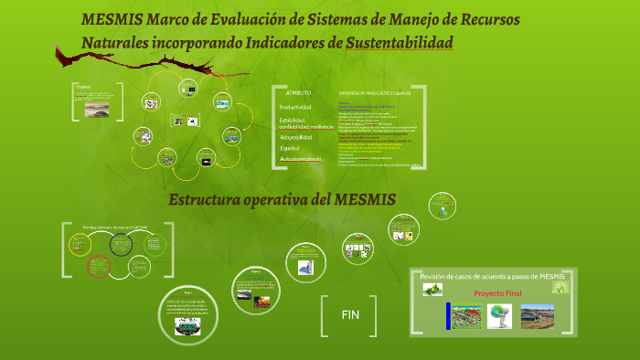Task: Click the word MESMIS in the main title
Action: tap(111, 19)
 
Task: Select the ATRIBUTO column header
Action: tap(298, 93)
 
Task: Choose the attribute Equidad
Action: tap(290, 147)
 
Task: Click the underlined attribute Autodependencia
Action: tap(301, 159)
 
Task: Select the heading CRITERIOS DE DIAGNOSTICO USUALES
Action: tap(375, 93)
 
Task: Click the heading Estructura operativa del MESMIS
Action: tap(281, 199)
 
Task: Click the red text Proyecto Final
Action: tap(497, 292)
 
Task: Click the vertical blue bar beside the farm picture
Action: tap(449, 315)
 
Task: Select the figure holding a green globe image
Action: tap(499, 315)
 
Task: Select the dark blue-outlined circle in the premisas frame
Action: tap(122, 244)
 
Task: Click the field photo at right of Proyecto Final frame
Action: tap(537, 315)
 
